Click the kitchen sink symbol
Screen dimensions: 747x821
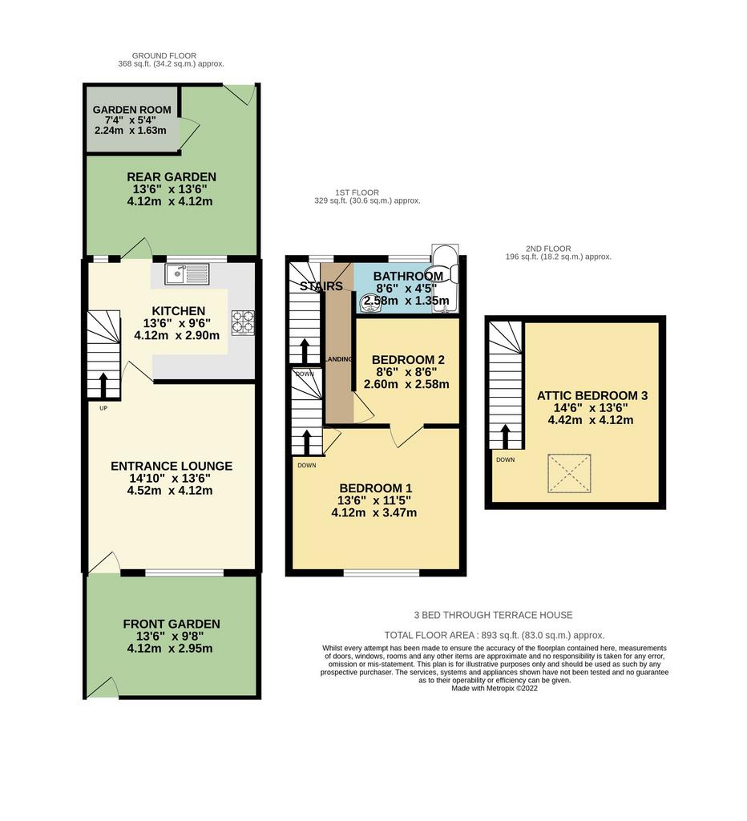187,274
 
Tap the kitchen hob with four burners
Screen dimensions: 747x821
243,322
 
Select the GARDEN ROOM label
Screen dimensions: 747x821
132,110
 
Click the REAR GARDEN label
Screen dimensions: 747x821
172,177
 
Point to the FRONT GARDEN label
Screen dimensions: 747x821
172,624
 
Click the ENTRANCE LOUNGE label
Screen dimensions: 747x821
172,466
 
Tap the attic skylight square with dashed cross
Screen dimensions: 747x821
570,473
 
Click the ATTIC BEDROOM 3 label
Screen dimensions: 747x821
592,396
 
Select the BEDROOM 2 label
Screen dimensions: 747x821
408,360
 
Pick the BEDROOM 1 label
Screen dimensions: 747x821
375,488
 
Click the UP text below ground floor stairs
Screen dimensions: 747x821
103,408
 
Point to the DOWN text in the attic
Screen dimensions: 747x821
505,459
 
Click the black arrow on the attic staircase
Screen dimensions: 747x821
505,436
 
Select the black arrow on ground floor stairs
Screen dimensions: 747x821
103,385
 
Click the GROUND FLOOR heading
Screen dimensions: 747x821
164,55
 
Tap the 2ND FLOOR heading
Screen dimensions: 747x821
548,249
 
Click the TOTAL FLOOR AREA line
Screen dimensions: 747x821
495,635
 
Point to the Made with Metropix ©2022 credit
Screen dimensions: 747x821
495,689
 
